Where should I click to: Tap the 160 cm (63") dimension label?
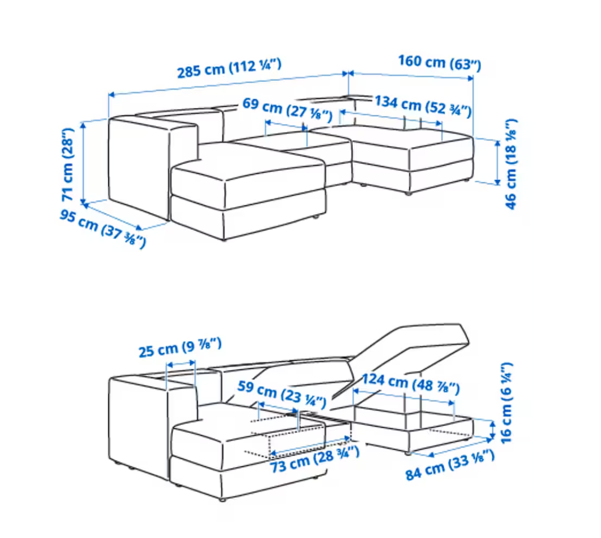point(439,63)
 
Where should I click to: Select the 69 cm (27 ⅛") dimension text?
point(287,110)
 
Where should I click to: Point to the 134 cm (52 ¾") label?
point(423,106)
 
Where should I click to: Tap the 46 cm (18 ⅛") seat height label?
point(511,164)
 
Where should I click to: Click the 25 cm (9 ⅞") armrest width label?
point(180,347)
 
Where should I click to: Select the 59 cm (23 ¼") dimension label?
point(282,394)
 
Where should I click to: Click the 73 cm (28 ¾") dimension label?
point(315,459)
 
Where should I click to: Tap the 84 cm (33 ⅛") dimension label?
point(450,465)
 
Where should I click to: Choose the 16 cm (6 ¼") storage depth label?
point(506,403)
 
